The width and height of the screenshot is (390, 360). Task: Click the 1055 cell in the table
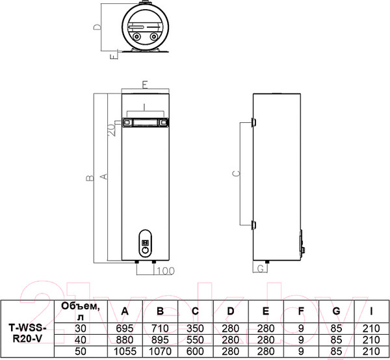[x=125, y=352]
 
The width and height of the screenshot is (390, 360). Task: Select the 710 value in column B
[x=160, y=328]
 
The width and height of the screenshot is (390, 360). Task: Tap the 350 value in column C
[x=195, y=328]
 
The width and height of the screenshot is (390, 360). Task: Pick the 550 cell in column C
[x=195, y=340]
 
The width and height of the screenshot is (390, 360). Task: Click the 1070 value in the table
[x=160, y=352]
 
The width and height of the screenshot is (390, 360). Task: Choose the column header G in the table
[x=336, y=311]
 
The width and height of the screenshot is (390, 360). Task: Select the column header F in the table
[x=301, y=311]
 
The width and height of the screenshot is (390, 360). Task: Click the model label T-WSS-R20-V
[x=27, y=333]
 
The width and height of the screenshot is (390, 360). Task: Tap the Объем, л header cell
[x=81, y=311]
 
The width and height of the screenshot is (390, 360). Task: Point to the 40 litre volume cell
[x=81, y=340]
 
